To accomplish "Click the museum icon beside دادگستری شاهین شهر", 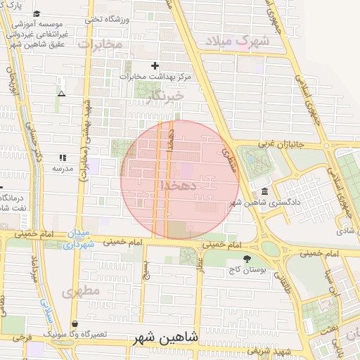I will pos(264,192).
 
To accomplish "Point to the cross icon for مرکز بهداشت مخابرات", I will pos(155,65).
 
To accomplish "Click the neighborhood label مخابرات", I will pos(99,44).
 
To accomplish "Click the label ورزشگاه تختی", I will pos(108,19).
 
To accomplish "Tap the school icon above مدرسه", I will pos(62,158).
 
